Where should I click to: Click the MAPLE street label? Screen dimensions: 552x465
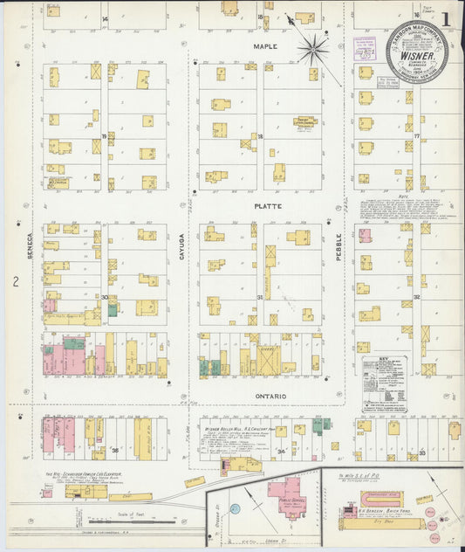click(x=264, y=45)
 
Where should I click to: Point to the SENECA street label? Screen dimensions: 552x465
click(x=30, y=244)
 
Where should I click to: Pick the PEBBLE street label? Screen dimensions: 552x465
click(x=338, y=244)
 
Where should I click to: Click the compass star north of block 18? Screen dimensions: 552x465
click(x=311, y=47)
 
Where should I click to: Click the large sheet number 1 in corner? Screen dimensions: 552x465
click(x=446, y=17)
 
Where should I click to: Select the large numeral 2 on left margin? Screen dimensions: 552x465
click(x=15, y=281)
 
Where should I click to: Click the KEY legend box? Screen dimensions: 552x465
click(x=385, y=383)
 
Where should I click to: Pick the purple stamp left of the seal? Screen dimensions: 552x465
click(x=365, y=50)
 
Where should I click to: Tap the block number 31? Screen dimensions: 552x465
click(x=259, y=298)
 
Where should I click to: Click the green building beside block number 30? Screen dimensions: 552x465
click(x=113, y=309)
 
